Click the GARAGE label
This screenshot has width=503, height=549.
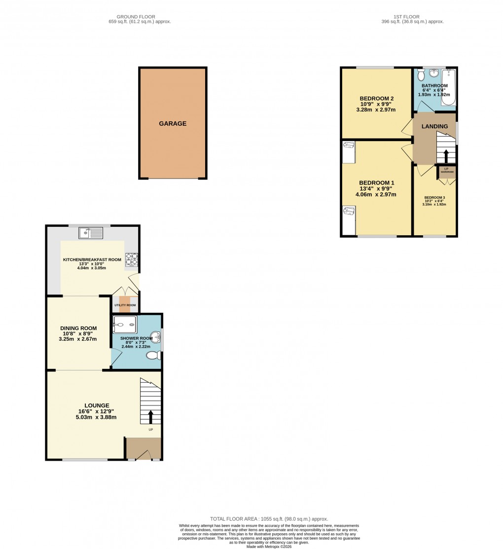[173, 124]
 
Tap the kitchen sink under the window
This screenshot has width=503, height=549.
[90, 232]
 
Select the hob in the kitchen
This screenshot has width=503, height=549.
[132, 259]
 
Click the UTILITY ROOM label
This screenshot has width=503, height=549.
[125, 305]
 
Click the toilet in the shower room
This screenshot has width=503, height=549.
[153, 355]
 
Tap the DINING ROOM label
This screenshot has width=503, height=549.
[78, 329]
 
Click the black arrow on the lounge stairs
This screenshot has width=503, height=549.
[150, 417]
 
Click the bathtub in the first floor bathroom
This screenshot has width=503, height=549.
[448, 88]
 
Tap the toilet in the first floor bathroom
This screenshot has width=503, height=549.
[421, 75]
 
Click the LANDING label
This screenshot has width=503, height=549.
[434, 126]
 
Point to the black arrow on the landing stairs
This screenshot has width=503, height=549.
[446, 156]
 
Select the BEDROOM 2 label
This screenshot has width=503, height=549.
[376, 98]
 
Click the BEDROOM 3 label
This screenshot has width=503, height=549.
[434, 198]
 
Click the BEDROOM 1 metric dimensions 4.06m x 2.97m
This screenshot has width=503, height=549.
[376, 194]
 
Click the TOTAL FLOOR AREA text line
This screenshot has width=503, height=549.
[269, 519]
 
